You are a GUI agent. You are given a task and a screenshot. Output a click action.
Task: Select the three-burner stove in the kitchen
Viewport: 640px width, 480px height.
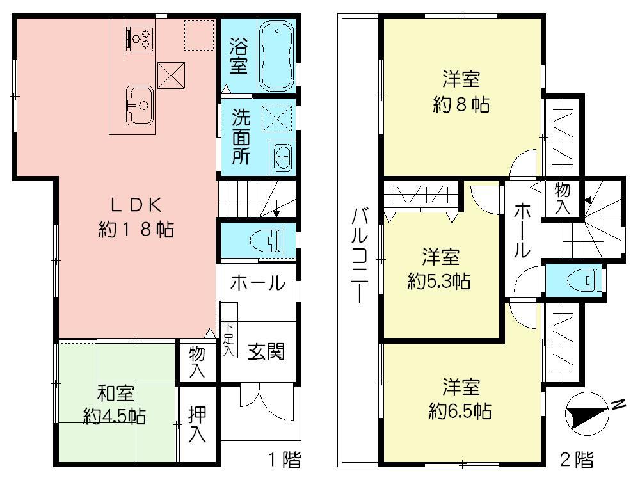[x=141, y=37]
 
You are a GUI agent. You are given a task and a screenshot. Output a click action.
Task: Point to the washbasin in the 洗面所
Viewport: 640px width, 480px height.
[x=282, y=156]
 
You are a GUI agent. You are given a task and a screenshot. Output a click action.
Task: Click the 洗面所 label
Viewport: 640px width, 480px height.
[x=241, y=137]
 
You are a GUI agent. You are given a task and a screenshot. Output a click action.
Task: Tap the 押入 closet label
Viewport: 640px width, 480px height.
[x=197, y=426]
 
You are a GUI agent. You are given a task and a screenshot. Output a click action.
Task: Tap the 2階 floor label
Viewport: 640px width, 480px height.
[x=576, y=459]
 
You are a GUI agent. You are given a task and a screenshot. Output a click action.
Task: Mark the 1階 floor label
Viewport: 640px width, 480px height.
[x=284, y=459]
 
